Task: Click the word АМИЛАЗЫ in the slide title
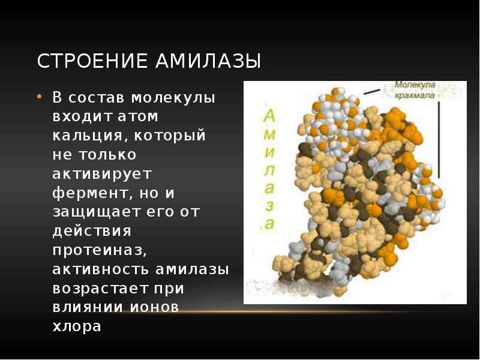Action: click(208, 61)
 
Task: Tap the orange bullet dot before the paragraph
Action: click(39, 97)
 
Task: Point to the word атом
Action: click(138, 116)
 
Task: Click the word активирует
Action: click(102, 174)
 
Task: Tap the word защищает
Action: click(97, 212)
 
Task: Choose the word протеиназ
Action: click(100, 251)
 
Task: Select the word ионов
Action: click(155, 307)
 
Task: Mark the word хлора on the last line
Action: click(77, 327)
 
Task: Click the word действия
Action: click(92, 232)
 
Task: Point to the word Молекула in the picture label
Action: click(415, 85)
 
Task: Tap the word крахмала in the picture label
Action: click(415, 95)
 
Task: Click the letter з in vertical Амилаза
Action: click(269, 206)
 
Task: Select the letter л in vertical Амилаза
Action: click(269, 170)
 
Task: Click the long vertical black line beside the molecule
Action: click(439, 140)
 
